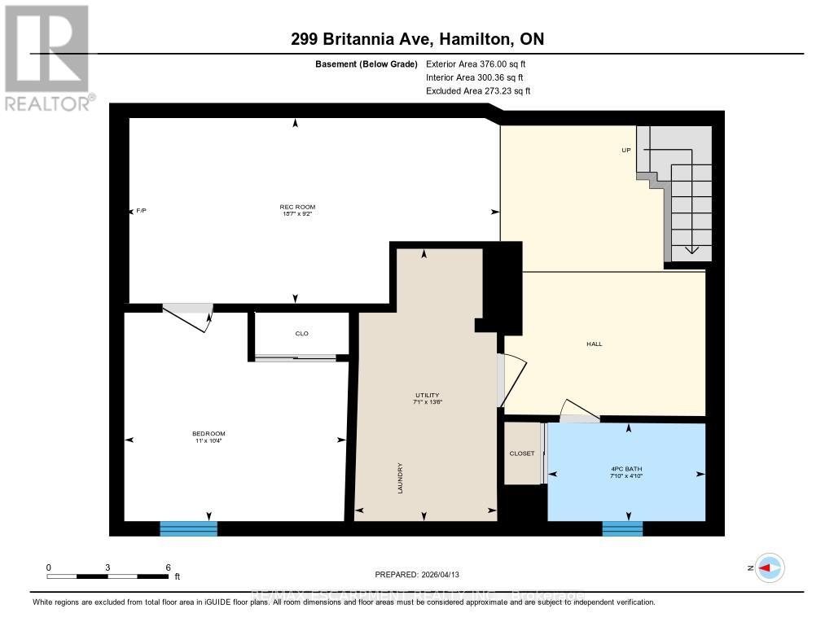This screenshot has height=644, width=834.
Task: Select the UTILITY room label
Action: [x=428, y=394]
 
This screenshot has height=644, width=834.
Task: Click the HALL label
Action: [x=595, y=344]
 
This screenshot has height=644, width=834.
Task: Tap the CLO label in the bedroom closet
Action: [x=301, y=334]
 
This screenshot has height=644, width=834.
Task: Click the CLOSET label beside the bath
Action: [x=522, y=453]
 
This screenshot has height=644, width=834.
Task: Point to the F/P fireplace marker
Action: [x=141, y=211]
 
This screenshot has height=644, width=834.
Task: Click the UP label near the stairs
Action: [x=626, y=151]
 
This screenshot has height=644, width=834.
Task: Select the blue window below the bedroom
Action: [x=188, y=528]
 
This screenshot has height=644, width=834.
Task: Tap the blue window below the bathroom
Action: [x=622, y=528]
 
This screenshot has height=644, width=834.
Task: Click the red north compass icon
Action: [x=769, y=567]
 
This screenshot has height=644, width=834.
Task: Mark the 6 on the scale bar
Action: [x=167, y=567]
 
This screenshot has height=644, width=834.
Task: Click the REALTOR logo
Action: [x=46, y=57]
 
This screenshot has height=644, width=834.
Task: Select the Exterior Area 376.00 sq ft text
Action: [x=481, y=64]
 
